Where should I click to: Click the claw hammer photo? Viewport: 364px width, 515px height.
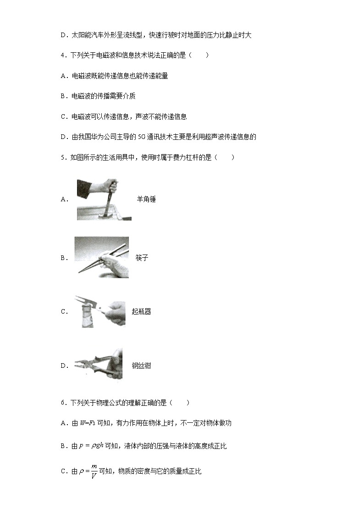(x=104, y=199)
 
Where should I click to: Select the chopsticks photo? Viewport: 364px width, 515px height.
(x=101, y=257)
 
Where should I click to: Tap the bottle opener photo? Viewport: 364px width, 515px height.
(x=100, y=311)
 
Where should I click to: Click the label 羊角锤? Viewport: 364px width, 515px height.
(x=146, y=199)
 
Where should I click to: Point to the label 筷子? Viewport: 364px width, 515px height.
(x=142, y=258)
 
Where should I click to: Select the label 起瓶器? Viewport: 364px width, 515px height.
(x=141, y=312)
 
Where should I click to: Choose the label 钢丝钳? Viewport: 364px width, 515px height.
(x=141, y=366)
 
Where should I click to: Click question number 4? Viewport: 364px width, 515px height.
(x=63, y=55)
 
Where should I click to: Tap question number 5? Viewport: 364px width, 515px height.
(x=63, y=158)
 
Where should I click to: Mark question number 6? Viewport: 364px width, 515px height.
(x=63, y=403)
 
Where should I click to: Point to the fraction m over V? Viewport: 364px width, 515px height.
(x=94, y=471)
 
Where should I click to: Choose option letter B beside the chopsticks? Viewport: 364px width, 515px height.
(x=63, y=258)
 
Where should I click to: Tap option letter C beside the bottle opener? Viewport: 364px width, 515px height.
(x=63, y=312)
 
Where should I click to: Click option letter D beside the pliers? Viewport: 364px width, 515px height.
(x=63, y=366)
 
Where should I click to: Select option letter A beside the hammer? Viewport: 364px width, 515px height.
(x=63, y=199)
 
